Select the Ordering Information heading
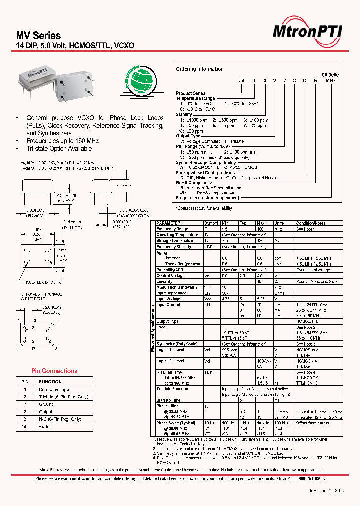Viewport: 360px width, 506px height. pyautogui.click(x=200, y=69)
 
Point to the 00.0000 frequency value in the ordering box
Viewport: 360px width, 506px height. pyautogui.click(x=329, y=74)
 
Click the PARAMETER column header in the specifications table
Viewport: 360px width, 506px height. pyautogui.click(x=168, y=223)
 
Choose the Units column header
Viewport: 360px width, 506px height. pyautogui.click(x=279, y=223)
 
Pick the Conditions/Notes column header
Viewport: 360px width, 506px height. pyautogui.click(x=310, y=223)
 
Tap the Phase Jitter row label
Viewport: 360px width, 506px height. pyautogui.click(x=166, y=406)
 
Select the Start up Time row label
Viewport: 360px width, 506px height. pyautogui.click(x=168, y=400)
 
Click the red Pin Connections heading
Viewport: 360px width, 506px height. pyautogui.click(x=54, y=371)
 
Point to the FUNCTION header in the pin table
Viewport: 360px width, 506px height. pyautogui.click(x=50, y=382)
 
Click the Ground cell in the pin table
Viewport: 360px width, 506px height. pyautogui.click(x=46, y=404)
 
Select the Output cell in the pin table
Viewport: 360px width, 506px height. pyautogui.click(x=46, y=411)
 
